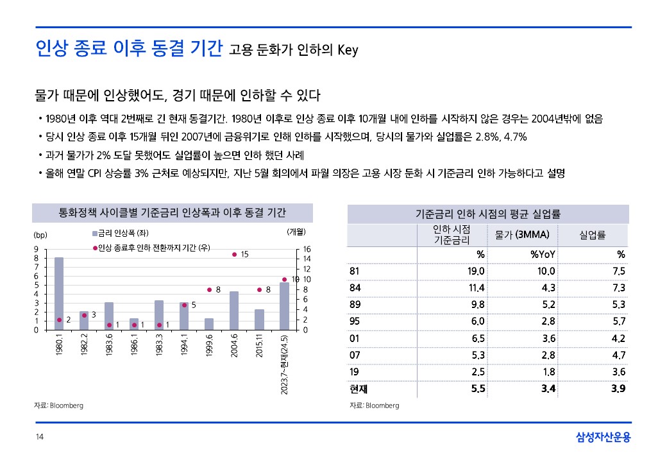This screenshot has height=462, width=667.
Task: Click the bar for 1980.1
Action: point(59,293)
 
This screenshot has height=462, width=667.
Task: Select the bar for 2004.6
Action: point(234,311)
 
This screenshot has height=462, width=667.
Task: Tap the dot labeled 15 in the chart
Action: point(234,255)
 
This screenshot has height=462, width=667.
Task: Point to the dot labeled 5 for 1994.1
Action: point(184,305)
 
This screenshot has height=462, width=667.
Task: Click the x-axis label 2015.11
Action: point(259,346)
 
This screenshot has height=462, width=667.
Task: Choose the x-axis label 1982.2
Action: point(84,346)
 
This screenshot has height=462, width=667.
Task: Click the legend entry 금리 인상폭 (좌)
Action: point(121,232)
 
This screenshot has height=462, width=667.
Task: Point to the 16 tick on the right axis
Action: point(306,249)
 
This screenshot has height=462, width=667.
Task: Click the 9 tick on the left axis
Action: point(37,249)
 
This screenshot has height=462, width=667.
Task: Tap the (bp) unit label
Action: point(40,232)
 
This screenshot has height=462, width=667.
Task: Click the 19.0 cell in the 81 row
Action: point(475,271)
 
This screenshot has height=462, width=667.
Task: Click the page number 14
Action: point(39,438)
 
